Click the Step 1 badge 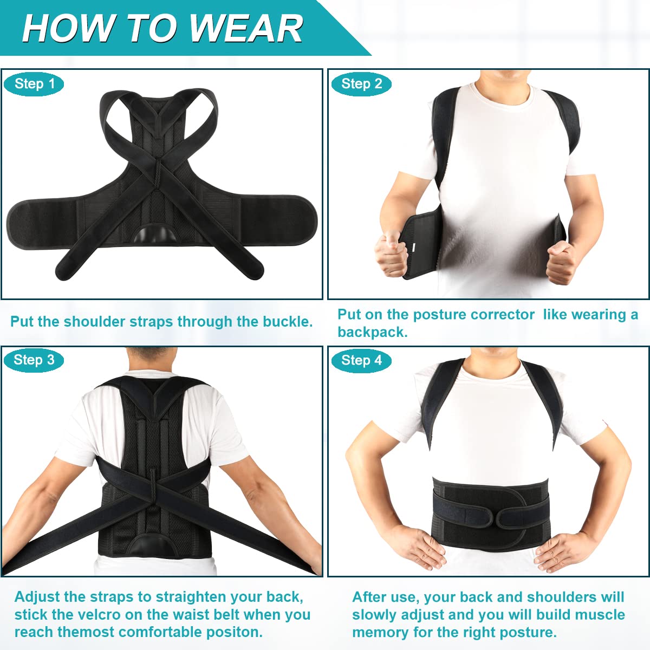(35, 84)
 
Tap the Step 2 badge (361, 84)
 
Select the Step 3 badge (34, 360)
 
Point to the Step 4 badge (361, 360)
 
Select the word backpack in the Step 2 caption (372, 332)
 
